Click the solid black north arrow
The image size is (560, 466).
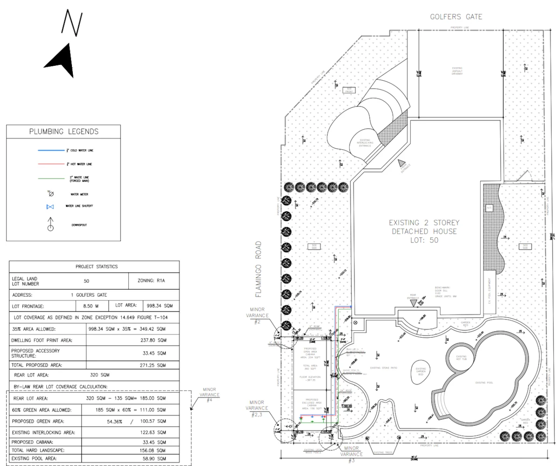[x=61, y=61]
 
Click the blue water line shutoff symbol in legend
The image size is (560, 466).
[x=50, y=207]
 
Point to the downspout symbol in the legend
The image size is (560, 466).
[x=50, y=225]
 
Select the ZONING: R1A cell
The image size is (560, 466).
[x=154, y=281]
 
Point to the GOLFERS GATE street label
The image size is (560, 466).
[x=455, y=17]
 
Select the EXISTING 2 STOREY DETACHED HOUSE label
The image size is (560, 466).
[x=424, y=231]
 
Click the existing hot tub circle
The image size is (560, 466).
[x=461, y=359]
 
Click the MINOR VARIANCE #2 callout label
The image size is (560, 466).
[x=259, y=315]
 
